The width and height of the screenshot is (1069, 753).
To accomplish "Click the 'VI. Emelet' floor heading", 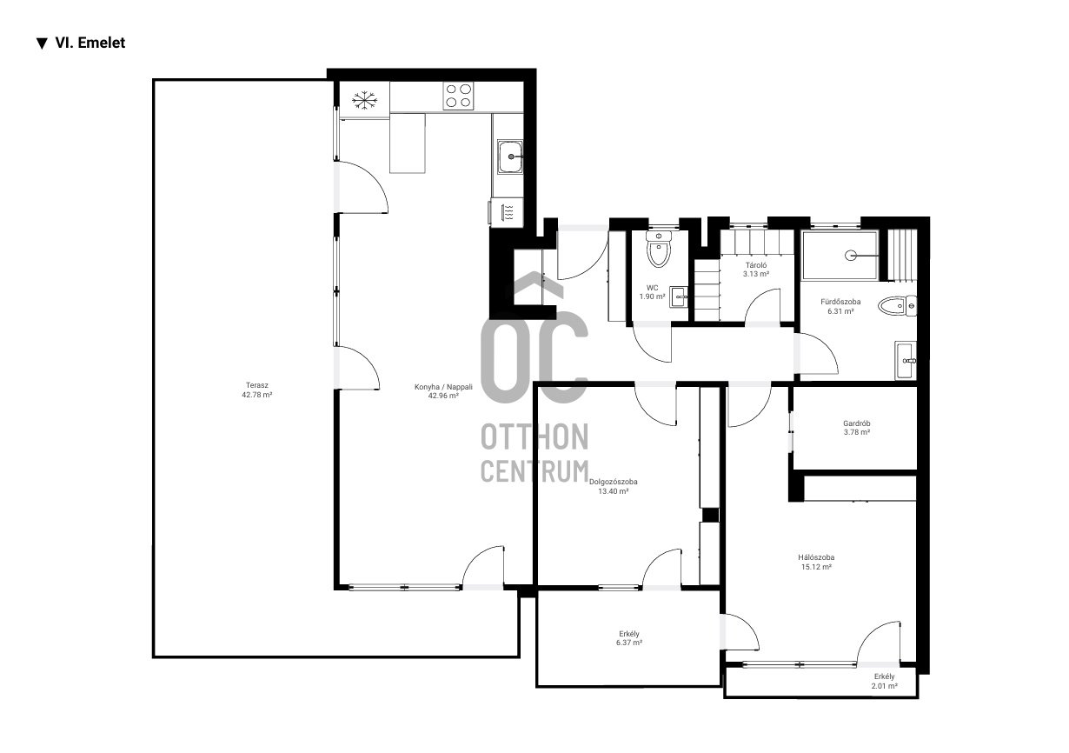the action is click(x=90, y=43).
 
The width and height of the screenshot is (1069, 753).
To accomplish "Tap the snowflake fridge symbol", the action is click(x=365, y=101).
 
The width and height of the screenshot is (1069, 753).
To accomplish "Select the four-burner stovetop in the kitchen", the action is click(x=459, y=96).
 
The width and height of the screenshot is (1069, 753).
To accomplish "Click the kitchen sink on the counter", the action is click(x=509, y=157).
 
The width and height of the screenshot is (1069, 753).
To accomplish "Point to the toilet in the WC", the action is click(x=659, y=249).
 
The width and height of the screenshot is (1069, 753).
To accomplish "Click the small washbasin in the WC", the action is click(x=679, y=297).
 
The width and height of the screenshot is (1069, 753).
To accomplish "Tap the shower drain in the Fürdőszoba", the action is click(x=851, y=256).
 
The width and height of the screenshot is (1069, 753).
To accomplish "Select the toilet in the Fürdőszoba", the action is click(x=897, y=306).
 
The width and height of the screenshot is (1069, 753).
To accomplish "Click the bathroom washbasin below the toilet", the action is click(x=906, y=361).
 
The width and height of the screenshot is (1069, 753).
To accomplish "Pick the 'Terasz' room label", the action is click(x=256, y=385).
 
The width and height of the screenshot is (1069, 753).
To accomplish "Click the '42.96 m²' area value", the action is click(x=443, y=396).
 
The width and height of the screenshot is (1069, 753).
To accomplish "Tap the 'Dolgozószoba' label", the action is click(x=614, y=482).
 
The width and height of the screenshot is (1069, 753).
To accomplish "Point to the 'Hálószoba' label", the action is click(x=816, y=557).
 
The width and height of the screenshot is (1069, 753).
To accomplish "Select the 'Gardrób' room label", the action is click(x=857, y=423).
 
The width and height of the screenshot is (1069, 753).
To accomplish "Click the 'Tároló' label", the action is click(x=756, y=265).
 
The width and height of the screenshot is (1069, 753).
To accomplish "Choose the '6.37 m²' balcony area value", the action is click(x=629, y=643).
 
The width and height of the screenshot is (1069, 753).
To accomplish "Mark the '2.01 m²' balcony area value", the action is click(x=884, y=686).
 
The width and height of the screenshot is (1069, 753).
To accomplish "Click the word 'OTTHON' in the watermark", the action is click(x=534, y=436).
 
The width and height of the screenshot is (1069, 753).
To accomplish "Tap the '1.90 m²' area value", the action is click(x=653, y=297).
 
